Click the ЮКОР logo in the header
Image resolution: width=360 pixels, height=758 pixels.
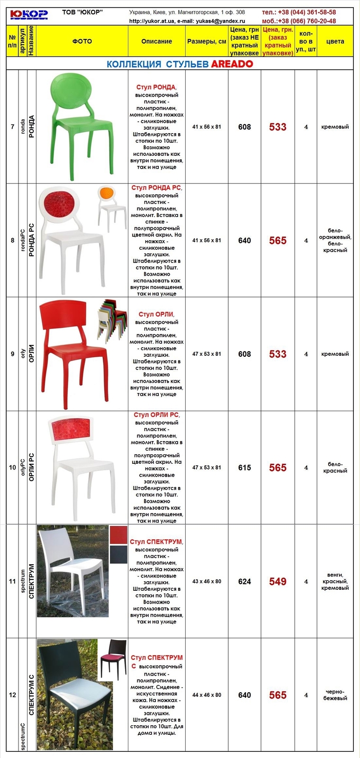[x=29, y=15]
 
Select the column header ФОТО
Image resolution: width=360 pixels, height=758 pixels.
[x=82, y=41]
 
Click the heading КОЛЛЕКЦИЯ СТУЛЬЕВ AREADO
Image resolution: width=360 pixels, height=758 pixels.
[x=180, y=64]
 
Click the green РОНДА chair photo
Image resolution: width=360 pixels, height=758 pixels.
[x=81, y=126]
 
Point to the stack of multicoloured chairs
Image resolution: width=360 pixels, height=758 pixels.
[x=112, y=320]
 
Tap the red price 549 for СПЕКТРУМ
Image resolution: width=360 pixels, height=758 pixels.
[x=278, y=582]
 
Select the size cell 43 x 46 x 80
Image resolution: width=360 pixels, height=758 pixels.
[x=207, y=581]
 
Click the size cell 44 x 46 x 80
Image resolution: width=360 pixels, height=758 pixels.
[x=207, y=695]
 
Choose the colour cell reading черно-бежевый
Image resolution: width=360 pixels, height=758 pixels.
[x=335, y=695]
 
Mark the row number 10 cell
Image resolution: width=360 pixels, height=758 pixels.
[x=13, y=468]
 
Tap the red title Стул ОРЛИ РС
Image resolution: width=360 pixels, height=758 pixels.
[x=156, y=415]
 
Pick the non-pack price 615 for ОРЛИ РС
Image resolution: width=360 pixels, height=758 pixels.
[x=244, y=468]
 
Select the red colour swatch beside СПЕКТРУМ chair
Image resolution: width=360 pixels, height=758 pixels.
[x=119, y=535]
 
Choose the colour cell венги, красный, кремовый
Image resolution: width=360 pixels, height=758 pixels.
[x=335, y=581]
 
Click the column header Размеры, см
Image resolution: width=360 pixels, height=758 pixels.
[x=207, y=41]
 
